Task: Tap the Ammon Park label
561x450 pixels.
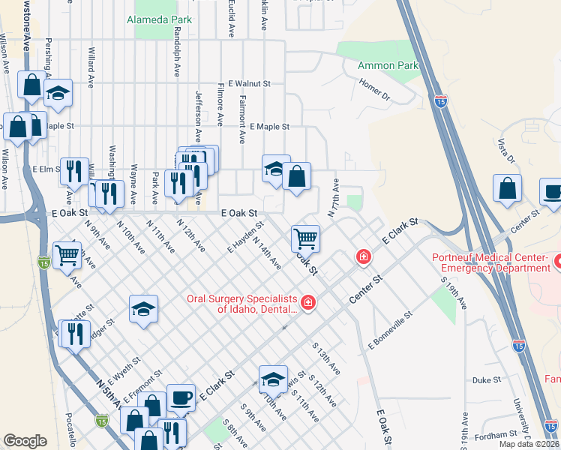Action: (388, 66)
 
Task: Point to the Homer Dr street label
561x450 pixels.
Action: (375, 91)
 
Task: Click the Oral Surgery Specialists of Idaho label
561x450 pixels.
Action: (241, 304)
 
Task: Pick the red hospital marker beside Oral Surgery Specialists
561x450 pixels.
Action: (308, 303)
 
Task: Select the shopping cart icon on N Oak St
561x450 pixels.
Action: (305, 238)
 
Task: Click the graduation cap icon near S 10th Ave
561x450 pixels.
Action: (273, 378)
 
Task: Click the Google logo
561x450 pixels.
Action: (25, 441)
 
